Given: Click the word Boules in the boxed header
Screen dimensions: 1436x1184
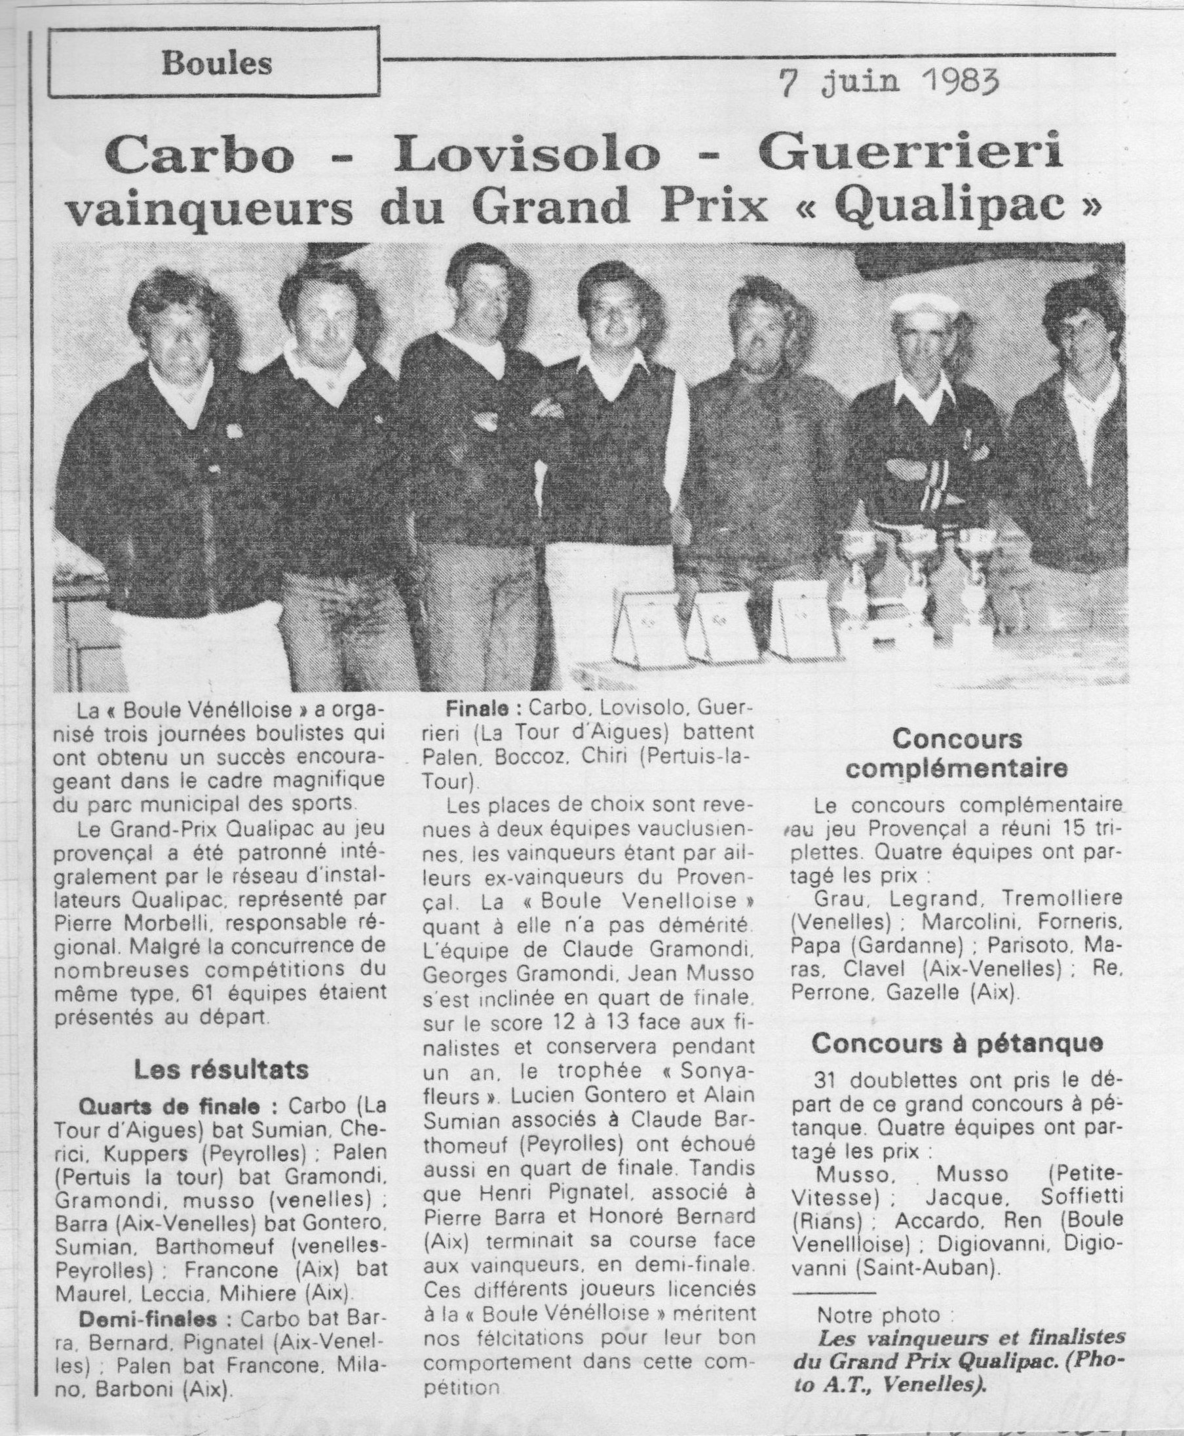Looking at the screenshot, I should (217, 64).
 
